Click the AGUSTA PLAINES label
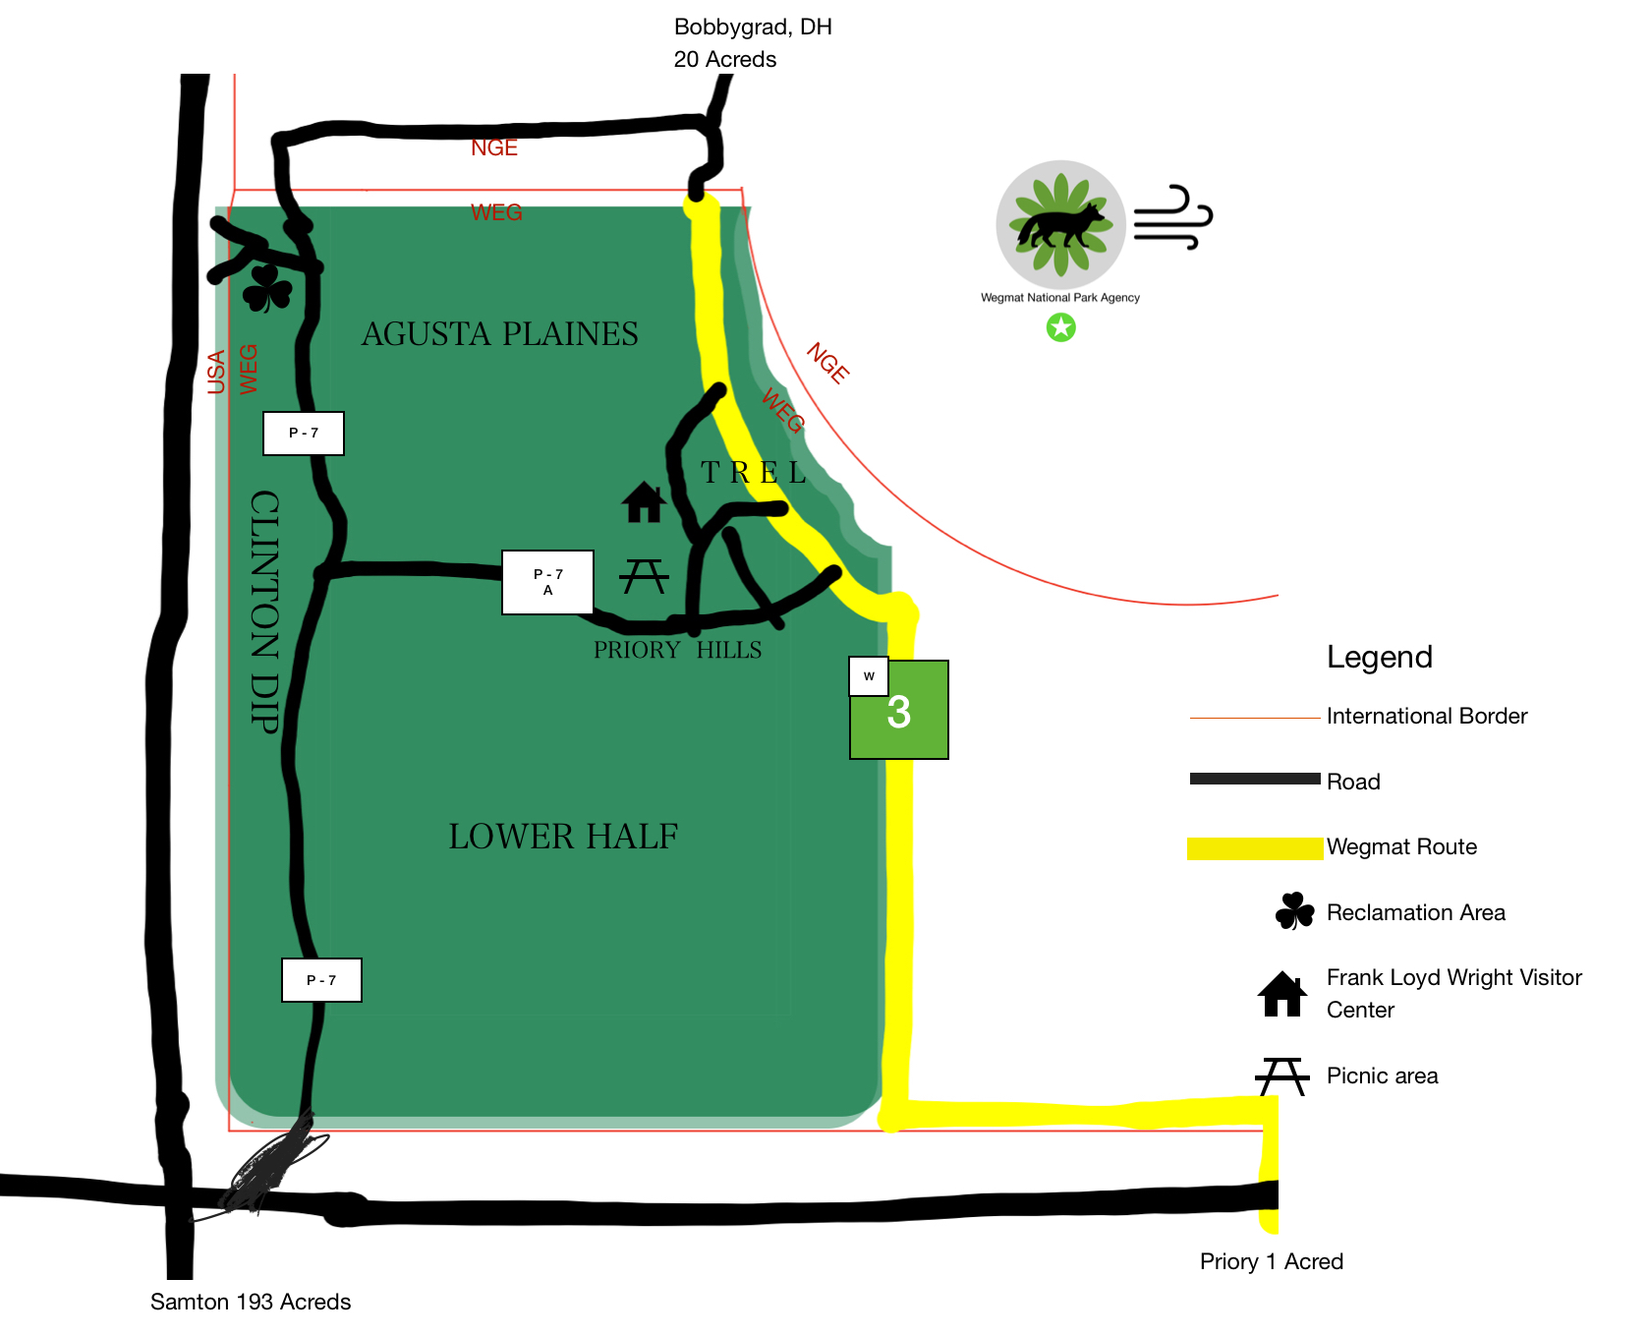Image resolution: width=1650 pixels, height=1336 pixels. (x=499, y=334)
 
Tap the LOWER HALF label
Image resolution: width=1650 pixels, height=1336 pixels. (x=563, y=837)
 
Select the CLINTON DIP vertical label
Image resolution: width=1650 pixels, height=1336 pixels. (x=265, y=610)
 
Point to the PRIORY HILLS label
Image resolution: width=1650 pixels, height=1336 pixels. (x=677, y=650)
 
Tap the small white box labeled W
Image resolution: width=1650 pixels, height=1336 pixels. (x=869, y=676)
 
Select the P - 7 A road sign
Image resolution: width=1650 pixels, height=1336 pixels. (x=547, y=582)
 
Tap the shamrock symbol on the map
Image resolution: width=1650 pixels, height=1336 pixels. (x=267, y=288)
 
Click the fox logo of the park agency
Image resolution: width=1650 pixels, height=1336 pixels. (x=1060, y=224)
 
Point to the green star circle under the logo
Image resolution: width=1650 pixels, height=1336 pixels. (x=1060, y=327)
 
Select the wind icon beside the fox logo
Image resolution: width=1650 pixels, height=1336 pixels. (x=1172, y=217)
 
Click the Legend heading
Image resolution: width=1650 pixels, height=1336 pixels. (x=1379, y=657)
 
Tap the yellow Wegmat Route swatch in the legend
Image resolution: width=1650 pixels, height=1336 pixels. (x=1255, y=847)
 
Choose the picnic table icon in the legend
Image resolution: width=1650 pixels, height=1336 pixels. (x=1282, y=1075)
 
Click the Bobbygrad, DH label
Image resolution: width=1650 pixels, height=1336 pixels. (x=753, y=27)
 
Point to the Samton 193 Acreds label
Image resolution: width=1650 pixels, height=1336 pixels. (x=251, y=1302)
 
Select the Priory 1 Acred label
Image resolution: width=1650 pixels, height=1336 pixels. (x=1271, y=1261)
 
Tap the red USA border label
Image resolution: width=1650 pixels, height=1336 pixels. (x=216, y=372)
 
